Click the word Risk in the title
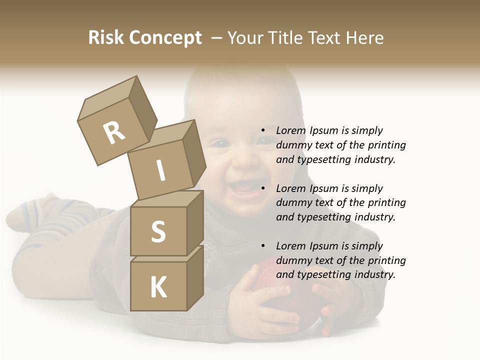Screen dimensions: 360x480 pyautogui.click(x=106, y=38)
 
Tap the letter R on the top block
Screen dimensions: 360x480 pyautogui.click(x=114, y=132)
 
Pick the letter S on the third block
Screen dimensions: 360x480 pyautogui.click(x=158, y=231)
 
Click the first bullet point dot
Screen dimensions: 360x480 pyautogui.click(x=263, y=131)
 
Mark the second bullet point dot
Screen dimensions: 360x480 pyautogui.click(x=263, y=189)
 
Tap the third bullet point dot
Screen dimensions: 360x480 pyautogui.click(x=263, y=246)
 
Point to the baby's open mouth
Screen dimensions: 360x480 pyautogui.click(x=242, y=189)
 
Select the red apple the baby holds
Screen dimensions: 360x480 pyautogui.click(x=285, y=290)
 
